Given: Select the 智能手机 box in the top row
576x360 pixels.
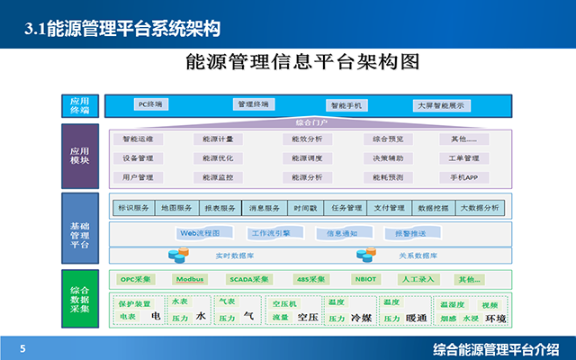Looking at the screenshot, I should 345,105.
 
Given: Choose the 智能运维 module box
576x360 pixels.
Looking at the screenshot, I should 139,139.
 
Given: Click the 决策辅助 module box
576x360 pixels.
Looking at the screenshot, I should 389,158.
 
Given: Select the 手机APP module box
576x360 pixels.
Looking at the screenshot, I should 464,177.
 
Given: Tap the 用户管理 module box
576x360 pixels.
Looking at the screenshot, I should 139,177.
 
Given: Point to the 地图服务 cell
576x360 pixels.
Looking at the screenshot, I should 176,208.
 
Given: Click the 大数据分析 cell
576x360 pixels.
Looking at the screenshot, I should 479,208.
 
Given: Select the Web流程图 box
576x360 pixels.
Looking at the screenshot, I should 199,233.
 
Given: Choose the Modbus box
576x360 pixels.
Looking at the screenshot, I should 191,279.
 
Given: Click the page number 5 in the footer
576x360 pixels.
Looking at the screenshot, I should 22,348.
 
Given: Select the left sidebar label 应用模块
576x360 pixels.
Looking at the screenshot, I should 79,154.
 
